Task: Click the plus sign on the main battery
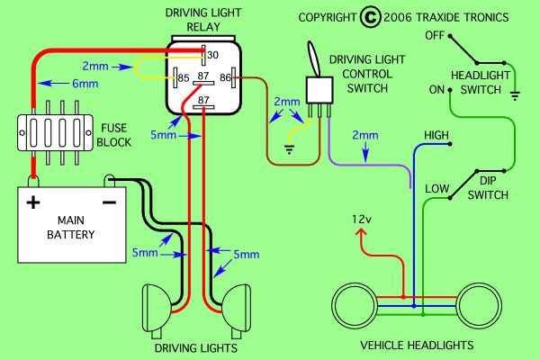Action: [x=33, y=202]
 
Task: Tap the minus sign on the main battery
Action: [x=108, y=202]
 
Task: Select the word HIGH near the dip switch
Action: [x=436, y=135]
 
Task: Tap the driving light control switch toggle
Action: [x=315, y=64]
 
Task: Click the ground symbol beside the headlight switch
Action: [x=514, y=93]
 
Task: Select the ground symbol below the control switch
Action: [x=289, y=149]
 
